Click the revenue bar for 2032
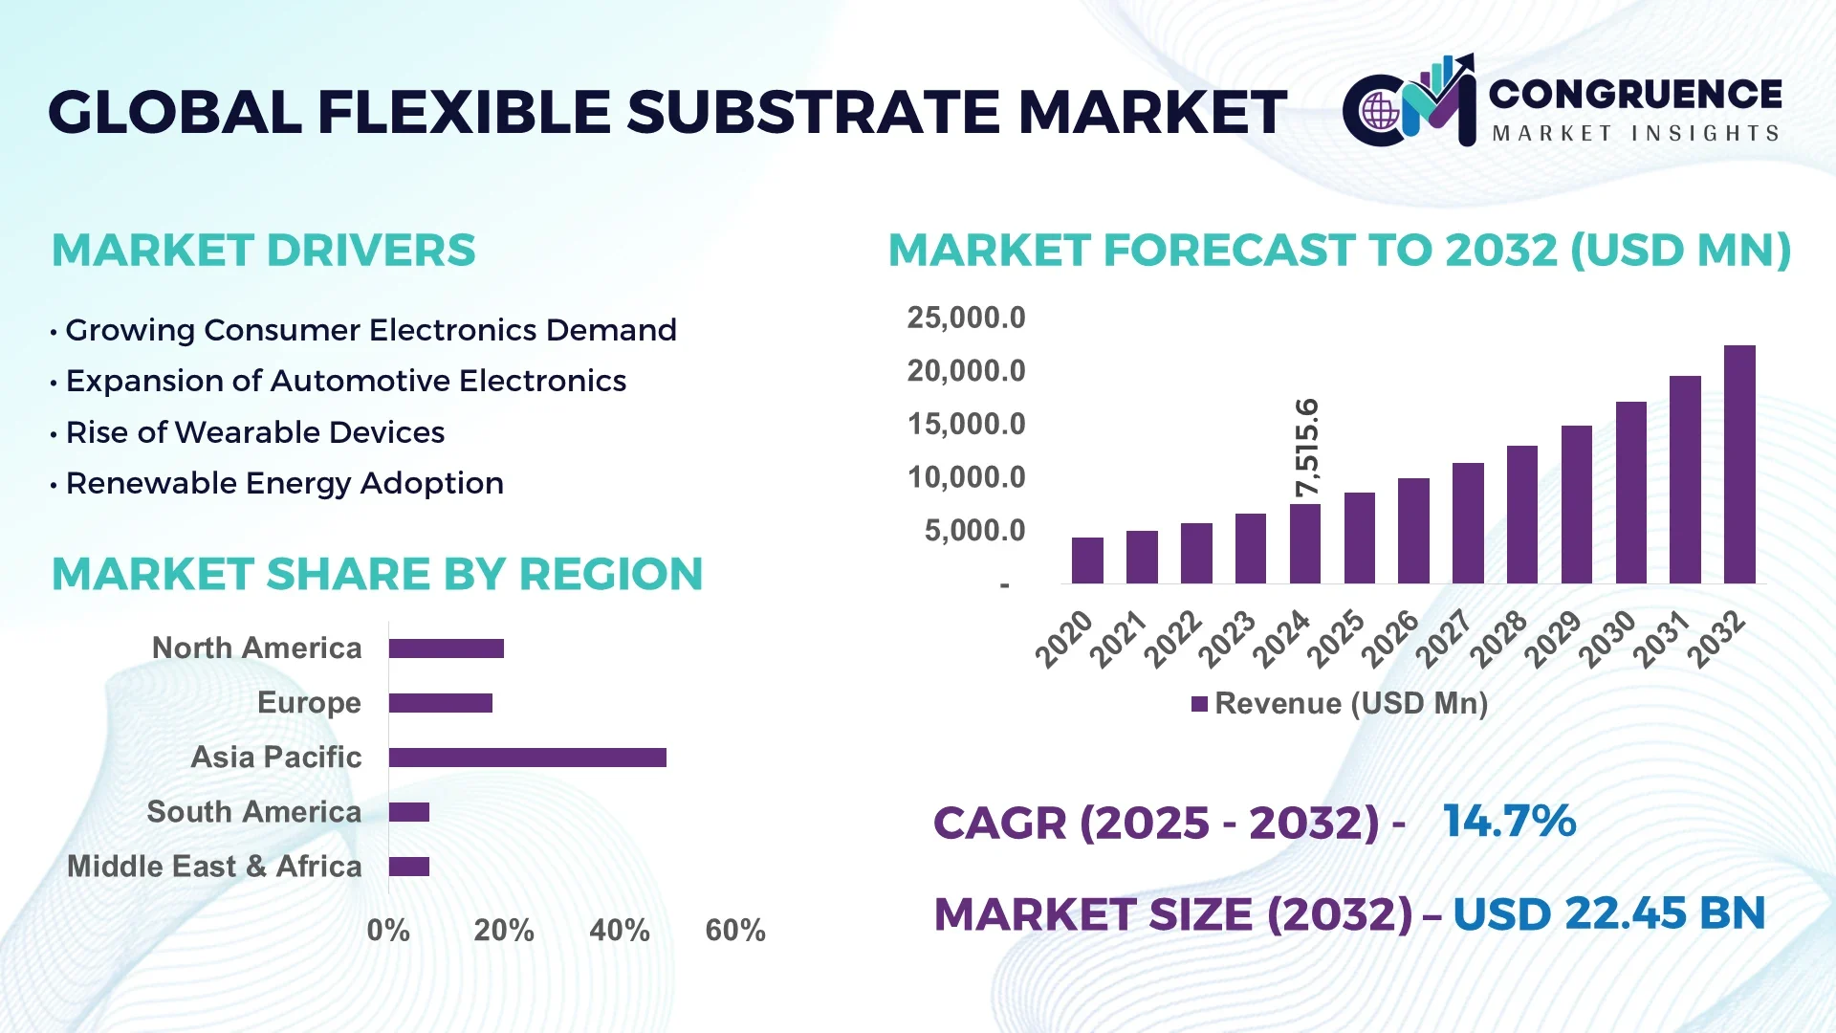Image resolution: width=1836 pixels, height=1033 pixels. point(1739,465)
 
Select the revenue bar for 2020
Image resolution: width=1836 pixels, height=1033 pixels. point(1087,560)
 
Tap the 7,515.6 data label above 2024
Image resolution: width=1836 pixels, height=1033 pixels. point(1306,448)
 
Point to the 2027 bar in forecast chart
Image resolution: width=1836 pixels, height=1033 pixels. point(1468,523)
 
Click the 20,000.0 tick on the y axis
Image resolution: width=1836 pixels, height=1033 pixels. point(966,371)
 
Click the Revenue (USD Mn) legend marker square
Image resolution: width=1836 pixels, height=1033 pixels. point(1199,704)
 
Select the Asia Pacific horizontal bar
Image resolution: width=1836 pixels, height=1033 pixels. point(527,758)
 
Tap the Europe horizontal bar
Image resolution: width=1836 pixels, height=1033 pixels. point(440,703)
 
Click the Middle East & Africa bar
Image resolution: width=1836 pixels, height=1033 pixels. point(409,867)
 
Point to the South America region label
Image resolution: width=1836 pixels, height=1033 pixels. point(253,812)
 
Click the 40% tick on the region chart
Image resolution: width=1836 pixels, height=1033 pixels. point(619,931)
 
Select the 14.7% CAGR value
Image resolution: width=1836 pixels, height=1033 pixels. point(1509,822)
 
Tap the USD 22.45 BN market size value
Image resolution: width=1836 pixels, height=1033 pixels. point(1608,913)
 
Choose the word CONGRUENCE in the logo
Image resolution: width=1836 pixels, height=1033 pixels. point(1635,94)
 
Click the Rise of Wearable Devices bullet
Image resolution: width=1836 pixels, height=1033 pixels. point(254,432)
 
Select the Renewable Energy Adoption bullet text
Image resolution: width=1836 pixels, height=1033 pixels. point(284,483)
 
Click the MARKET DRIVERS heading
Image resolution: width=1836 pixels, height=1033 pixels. point(263,251)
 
